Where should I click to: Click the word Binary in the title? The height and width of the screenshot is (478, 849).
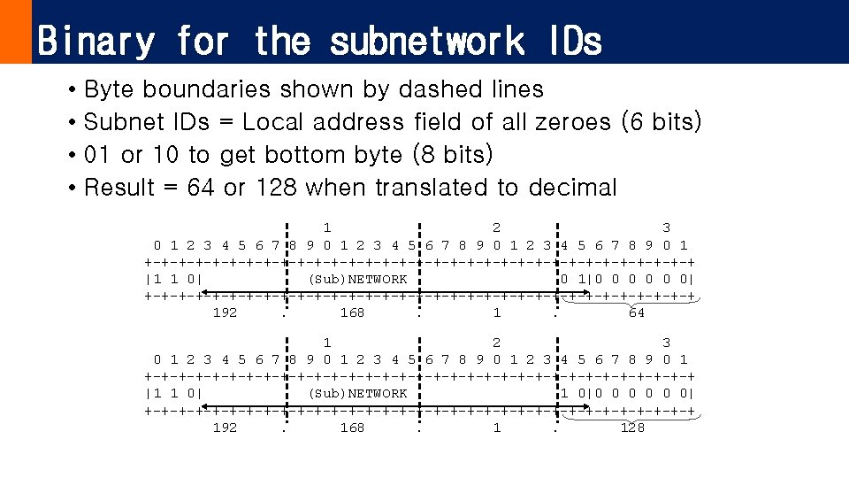click(x=96, y=42)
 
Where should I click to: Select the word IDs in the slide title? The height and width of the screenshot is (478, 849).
click(x=573, y=42)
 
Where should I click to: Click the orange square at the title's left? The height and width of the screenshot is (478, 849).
click(x=15, y=32)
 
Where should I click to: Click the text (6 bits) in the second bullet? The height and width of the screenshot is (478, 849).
click(x=662, y=122)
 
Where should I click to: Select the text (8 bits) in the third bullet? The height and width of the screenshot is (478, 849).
click(x=453, y=155)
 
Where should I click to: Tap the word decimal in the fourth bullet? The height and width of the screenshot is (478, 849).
click(x=572, y=188)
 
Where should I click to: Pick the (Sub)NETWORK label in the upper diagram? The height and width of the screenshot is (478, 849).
click(x=357, y=280)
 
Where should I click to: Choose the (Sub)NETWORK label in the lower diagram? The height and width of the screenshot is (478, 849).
click(x=357, y=393)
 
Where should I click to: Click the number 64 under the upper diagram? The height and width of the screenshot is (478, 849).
click(x=636, y=312)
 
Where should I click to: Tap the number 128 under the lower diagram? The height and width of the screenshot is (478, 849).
click(x=632, y=428)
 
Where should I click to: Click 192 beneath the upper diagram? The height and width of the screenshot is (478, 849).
click(x=225, y=312)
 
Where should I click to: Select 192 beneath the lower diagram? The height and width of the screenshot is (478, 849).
click(x=225, y=428)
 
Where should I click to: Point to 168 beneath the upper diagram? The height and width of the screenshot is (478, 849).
click(x=352, y=312)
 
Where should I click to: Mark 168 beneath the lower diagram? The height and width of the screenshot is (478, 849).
click(x=352, y=428)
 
